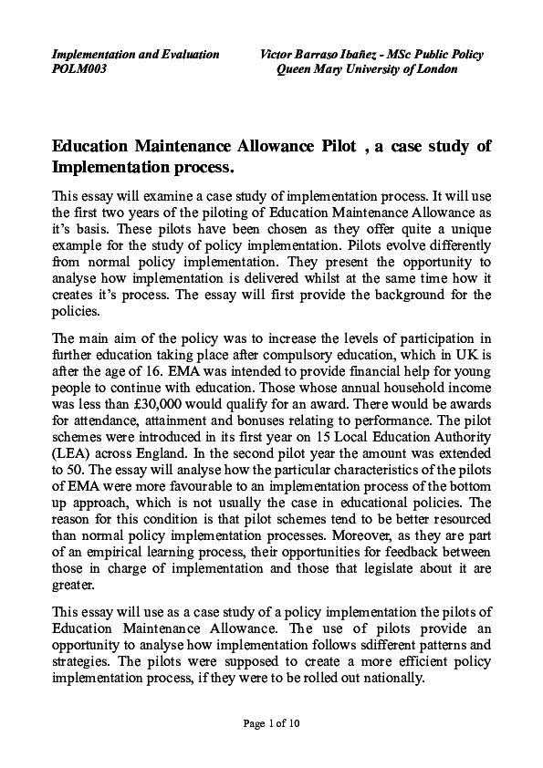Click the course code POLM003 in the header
pos(79,69)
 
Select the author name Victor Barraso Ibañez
pos(320,55)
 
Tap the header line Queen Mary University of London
pos(367,69)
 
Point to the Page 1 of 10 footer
pos(271,724)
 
